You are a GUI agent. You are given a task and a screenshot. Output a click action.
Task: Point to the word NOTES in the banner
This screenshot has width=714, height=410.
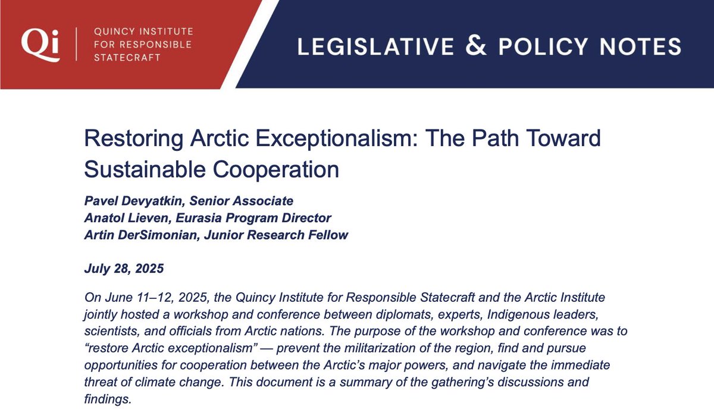click(647, 46)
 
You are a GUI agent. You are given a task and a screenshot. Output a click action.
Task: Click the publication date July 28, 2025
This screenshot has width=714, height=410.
click(124, 269)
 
